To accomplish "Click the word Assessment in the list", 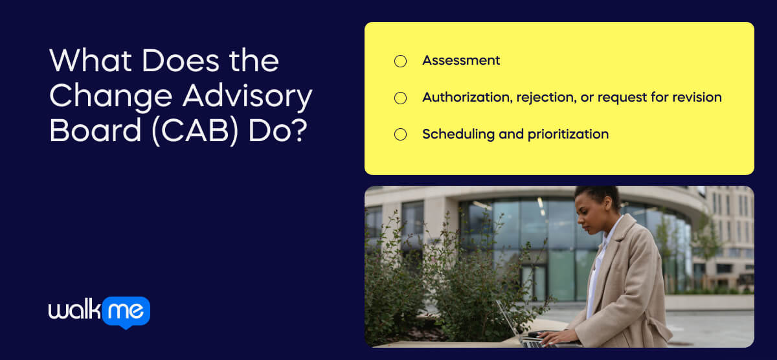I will click(461, 60).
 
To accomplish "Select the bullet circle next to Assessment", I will click(400, 62).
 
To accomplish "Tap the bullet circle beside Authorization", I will click(400, 98).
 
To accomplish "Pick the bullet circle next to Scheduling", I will click(400, 135).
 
